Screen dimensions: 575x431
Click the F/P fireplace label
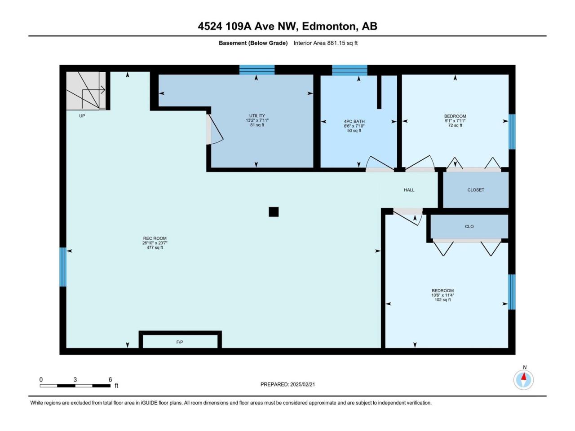179,342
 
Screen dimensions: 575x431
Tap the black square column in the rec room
274,212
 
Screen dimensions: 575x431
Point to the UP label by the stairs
82,116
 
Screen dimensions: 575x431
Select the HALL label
409,190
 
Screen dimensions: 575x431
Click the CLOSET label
476,190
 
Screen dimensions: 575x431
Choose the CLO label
469,227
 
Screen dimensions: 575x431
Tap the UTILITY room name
257,116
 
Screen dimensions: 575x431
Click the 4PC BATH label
354,121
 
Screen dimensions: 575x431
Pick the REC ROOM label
155,238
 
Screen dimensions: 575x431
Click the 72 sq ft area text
455,126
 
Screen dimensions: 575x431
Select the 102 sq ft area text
443,300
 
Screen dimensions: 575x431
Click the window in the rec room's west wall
63,267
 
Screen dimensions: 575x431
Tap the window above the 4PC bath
349,70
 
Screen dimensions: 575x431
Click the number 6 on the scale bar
111,380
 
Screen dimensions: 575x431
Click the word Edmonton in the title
330,26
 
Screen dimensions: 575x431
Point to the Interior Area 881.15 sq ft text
326,43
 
